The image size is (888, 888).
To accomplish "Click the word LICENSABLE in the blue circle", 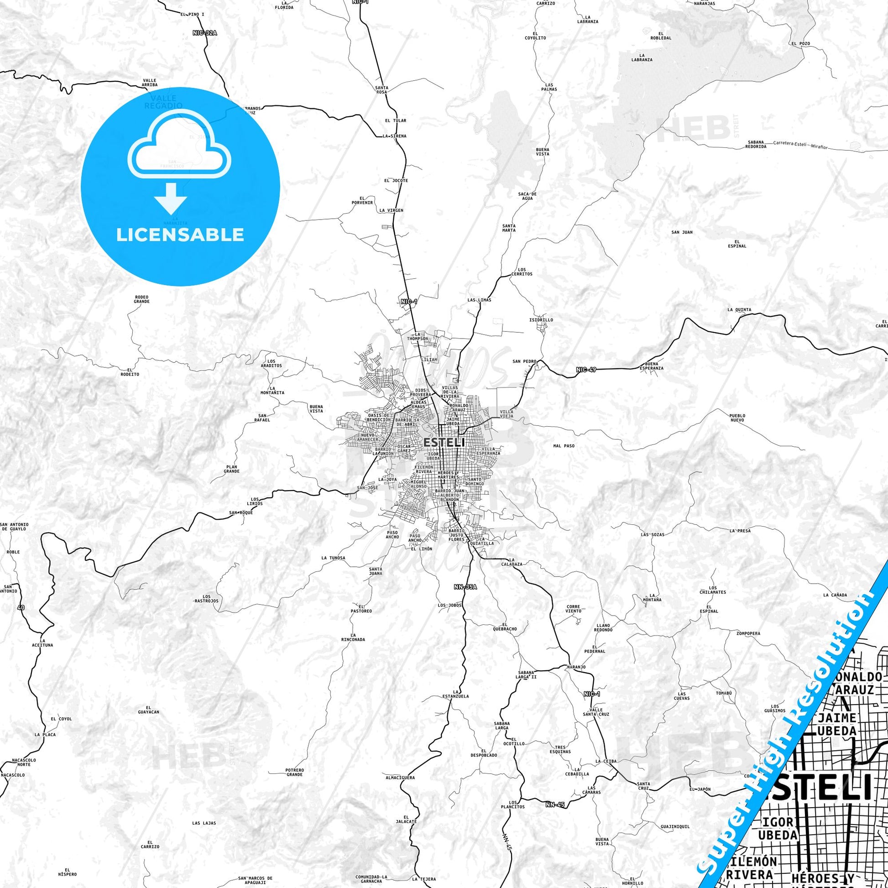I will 180,235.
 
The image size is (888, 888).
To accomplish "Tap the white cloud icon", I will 180,146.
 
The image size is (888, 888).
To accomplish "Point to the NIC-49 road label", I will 586,369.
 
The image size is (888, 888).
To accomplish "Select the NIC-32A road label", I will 204,33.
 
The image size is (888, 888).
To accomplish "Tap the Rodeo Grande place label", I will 141,299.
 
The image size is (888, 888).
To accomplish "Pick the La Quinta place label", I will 739,310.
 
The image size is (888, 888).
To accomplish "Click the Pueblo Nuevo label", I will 737,418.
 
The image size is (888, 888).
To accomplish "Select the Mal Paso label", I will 564,446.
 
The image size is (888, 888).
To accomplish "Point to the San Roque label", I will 241,512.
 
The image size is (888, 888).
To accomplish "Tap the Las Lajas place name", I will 204,823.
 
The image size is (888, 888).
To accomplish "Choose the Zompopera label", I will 748,633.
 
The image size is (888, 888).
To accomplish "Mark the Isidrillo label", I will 541,320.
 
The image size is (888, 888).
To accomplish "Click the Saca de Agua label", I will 527,196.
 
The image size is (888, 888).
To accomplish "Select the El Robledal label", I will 661,36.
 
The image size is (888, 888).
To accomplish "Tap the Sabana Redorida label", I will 756,144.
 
